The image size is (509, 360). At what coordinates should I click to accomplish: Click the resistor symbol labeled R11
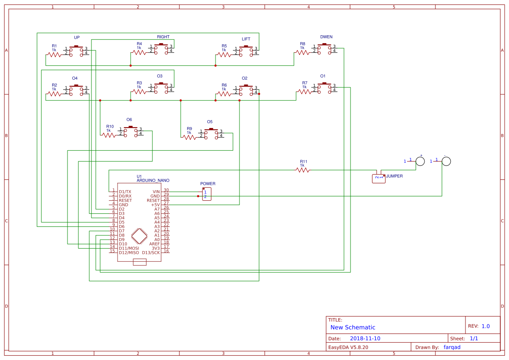tap(303, 170)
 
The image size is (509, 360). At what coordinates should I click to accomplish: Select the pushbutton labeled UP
tap(76, 50)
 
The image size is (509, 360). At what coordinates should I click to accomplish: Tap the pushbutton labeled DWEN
tap(324, 49)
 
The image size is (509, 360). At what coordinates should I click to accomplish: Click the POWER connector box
tap(207, 194)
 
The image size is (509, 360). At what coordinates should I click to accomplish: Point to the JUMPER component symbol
tap(378, 178)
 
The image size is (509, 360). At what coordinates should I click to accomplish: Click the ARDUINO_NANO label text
tap(153, 180)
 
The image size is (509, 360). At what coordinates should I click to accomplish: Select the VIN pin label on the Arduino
tap(156, 192)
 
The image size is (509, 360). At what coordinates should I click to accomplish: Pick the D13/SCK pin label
tap(151, 252)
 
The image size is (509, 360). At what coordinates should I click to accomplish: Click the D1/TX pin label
tap(125, 192)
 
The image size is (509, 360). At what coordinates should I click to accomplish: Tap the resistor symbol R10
tap(109, 135)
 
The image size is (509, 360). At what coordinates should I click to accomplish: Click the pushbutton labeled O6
tap(130, 131)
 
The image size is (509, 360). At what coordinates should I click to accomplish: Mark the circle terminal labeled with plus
tap(420, 161)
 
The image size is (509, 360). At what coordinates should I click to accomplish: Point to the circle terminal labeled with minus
tap(446, 161)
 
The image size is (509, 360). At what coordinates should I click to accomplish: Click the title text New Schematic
tap(353, 327)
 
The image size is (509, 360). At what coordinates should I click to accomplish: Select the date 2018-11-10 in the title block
tap(365, 338)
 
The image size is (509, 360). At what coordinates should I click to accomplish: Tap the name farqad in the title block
tap(452, 347)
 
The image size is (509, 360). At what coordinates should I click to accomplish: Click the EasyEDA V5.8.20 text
tap(348, 347)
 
